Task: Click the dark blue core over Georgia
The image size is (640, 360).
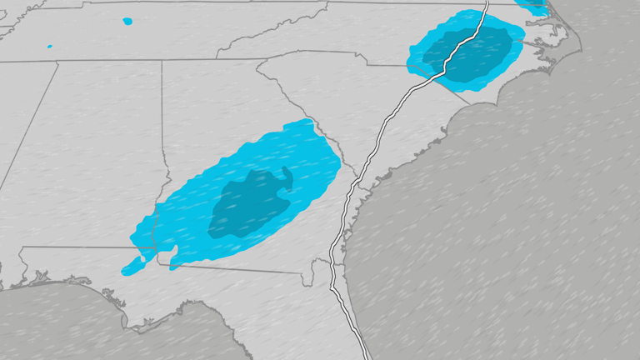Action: (250, 204)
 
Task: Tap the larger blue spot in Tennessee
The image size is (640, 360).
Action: (127, 21)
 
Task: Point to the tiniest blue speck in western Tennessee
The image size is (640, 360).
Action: (50, 46)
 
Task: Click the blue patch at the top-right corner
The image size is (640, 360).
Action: (533, 7)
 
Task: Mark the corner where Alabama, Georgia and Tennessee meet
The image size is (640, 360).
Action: (162, 60)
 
